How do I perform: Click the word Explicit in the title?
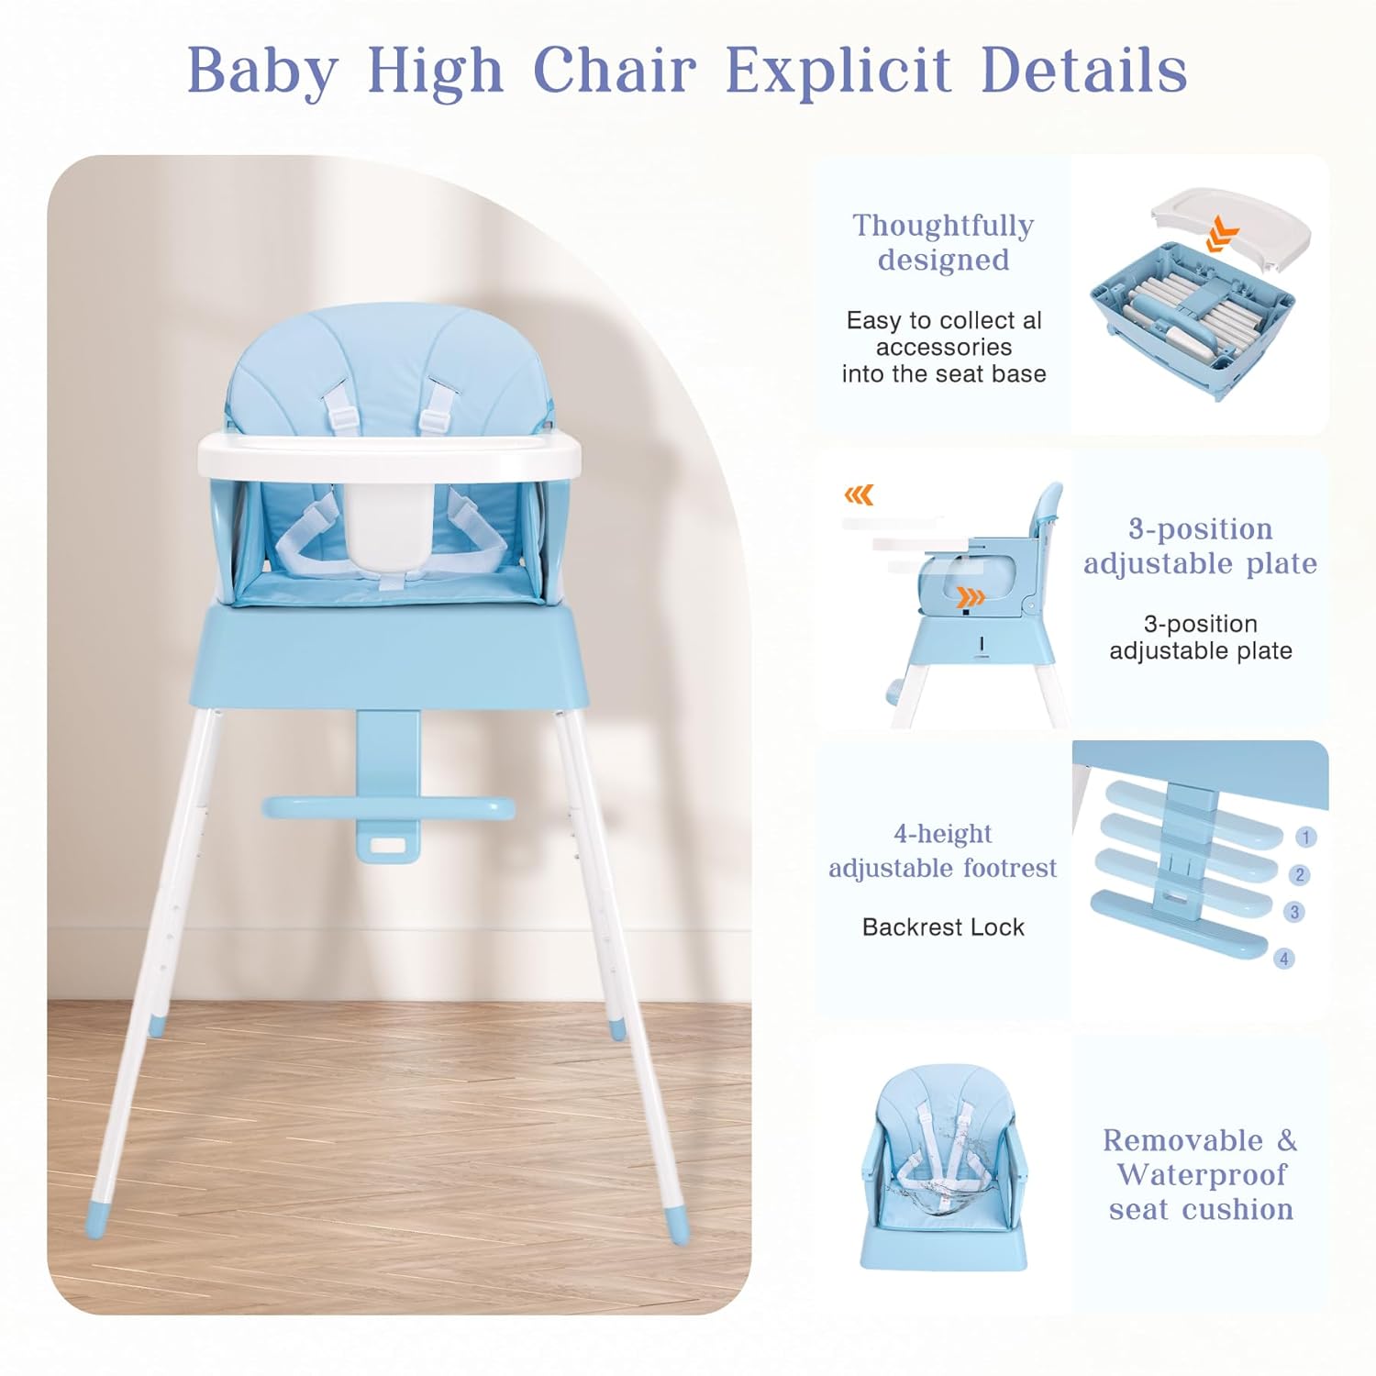tap(838, 70)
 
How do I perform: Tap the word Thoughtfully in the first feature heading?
tap(943, 226)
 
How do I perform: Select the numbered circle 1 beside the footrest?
tap(1305, 837)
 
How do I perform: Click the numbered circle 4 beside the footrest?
tap(1283, 959)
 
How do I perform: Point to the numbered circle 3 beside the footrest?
tap(1294, 912)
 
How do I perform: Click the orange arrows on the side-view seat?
tap(971, 599)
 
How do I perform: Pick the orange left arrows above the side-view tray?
tap(859, 496)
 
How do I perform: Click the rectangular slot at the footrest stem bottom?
tap(388, 846)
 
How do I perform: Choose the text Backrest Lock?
tap(943, 927)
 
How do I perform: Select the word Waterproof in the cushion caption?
tap(1201, 1175)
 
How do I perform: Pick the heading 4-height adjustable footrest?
tap(943, 850)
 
